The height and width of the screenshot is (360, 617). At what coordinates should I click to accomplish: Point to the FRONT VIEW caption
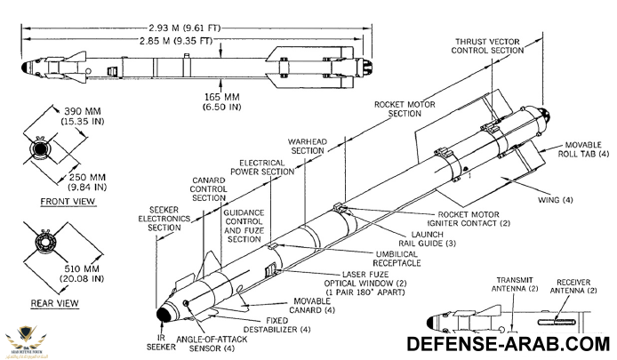68,202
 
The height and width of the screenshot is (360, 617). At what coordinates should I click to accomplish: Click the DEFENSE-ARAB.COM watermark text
509,344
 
